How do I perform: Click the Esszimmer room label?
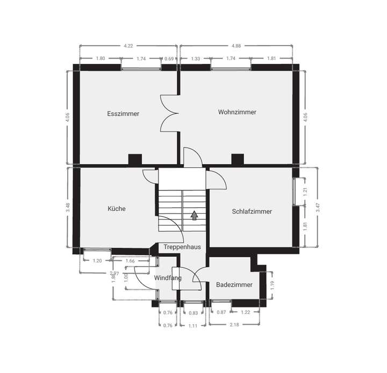123,114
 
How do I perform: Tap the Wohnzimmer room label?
237,112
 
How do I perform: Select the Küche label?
117,208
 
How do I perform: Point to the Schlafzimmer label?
252,211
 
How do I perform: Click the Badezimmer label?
234,284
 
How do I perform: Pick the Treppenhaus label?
183,247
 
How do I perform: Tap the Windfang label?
167,278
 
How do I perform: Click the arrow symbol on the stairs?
193,216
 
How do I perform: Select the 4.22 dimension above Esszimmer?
128,46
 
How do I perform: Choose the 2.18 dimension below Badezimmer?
234,325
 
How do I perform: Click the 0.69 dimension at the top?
169,58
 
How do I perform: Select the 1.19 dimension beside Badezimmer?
272,286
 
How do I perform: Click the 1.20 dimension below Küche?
97,261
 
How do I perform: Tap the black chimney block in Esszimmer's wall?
134,159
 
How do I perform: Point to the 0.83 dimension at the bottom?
193,313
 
